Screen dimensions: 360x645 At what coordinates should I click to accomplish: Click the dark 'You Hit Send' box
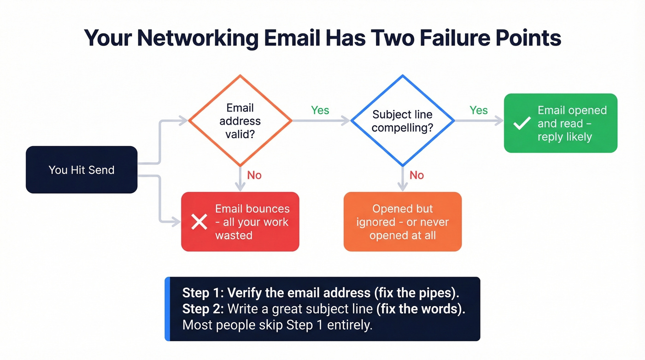[x=82, y=170]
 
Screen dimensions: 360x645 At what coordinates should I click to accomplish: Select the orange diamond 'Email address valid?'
[x=240, y=121]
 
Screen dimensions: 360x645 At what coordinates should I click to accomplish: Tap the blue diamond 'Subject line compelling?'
[x=402, y=121]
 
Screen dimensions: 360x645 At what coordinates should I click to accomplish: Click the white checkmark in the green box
[x=522, y=123]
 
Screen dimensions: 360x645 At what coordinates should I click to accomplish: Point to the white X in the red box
[x=199, y=222]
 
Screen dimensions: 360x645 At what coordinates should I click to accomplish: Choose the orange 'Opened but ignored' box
[x=402, y=222]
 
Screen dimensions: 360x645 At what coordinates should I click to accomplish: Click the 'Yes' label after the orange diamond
[x=320, y=110]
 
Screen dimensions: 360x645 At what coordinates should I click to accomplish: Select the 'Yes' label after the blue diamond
[x=478, y=110]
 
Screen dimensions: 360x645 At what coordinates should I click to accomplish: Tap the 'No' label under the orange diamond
[x=254, y=175]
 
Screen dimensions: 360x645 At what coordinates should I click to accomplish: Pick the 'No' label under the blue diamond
[x=416, y=175]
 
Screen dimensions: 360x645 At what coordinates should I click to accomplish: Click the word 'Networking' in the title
[x=197, y=38]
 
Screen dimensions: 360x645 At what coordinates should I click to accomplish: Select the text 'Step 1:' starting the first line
[x=203, y=293]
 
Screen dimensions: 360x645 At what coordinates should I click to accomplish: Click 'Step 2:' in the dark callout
[x=203, y=308]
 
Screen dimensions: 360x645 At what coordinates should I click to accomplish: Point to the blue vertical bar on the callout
[x=167, y=309]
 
